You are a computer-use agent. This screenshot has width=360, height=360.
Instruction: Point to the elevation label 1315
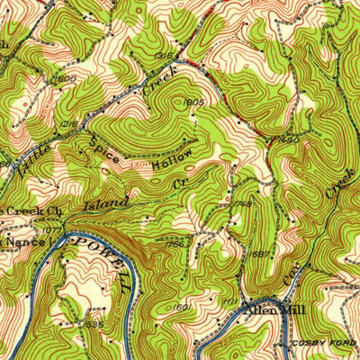pos(163,56)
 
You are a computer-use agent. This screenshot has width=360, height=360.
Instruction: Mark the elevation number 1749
pos(242,204)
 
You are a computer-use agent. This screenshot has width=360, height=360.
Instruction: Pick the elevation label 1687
pos(261,255)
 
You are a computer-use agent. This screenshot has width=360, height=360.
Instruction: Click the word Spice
pos(104,148)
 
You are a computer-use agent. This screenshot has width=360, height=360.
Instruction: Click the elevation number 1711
pos(230,301)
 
